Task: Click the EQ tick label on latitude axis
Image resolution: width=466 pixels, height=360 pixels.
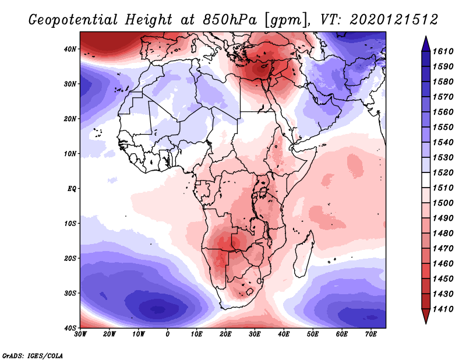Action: (72, 189)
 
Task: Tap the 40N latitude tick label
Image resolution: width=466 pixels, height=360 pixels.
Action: (70, 49)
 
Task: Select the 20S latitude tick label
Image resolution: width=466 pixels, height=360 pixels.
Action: (70, 258)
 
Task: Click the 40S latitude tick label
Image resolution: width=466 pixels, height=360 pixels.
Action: (70, 328)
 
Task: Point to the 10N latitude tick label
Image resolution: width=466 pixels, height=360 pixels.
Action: (70, 154)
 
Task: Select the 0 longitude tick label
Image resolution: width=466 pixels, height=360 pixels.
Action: (168, 335)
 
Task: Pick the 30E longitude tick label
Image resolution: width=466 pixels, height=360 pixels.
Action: (255, 335)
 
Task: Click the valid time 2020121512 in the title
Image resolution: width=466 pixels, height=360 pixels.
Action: (394, 19)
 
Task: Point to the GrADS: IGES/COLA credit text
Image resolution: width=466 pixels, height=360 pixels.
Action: (33, 354)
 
